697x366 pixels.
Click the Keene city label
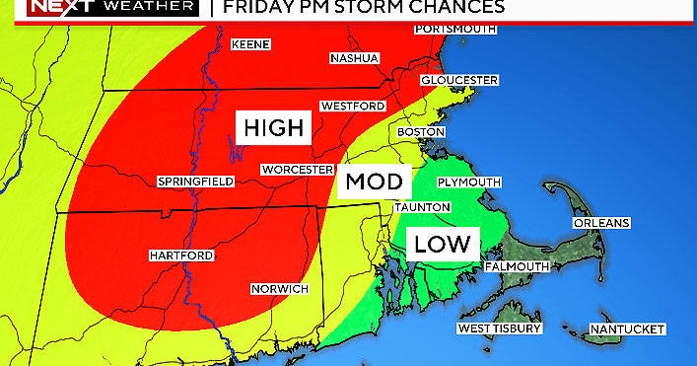pyautogui.click(x=250, y=45)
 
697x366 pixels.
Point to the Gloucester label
pyautogui.click(x=458, y=80)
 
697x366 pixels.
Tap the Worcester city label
pyautogui.click(x=297, y=170)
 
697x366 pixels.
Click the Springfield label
pyautogui.click(x=195, y=182)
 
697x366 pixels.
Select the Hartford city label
pyautogui.click(x=181, y=256)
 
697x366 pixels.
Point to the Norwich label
pyautogui.click(x=280, y=288)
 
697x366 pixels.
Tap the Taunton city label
pyautogui.click(x=421, y=207)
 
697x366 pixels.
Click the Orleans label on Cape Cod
pyautogui.click(x=600, y=223)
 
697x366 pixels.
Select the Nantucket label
pyautogui.click(x=627, y=329)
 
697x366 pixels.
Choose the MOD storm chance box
pyautogui.click(x=374, y=183)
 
